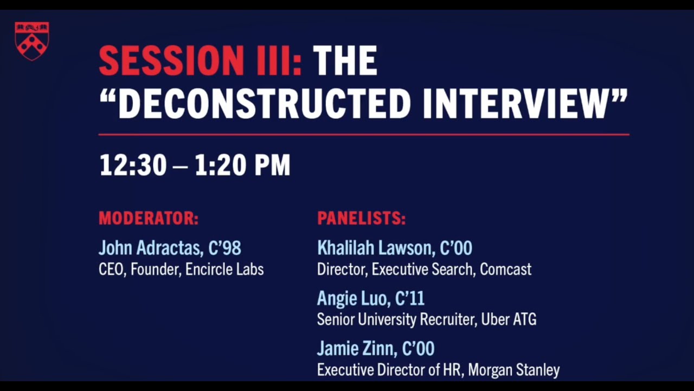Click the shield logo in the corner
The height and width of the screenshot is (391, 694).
(x=32, y=41)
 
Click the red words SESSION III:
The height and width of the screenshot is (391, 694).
(x=200, y=61)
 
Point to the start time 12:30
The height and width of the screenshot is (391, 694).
(x=133, y=165)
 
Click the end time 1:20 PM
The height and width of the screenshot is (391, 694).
(x=242, y=165)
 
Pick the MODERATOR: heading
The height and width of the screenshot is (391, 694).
(x=149, y=218)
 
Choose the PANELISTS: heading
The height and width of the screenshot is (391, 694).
(x=361, y=218)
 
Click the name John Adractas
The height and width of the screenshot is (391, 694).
(x=150, y=248)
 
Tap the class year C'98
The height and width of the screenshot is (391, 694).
(x=224, y=248)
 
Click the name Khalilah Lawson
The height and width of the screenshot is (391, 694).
(x=375, y=248)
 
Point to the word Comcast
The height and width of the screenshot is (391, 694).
(x=505, y=269)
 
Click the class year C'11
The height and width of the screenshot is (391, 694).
(x=410, y=298)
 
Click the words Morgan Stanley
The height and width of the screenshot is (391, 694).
(x=513, y=370)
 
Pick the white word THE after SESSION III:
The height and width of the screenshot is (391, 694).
(x=345, y=61)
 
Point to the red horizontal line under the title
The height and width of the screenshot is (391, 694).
(x=363, y=134)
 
